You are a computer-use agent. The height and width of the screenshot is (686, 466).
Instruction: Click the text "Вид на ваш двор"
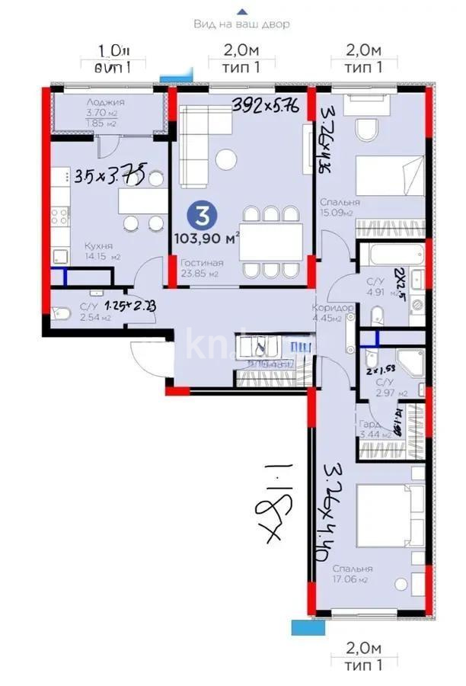click(242, 24)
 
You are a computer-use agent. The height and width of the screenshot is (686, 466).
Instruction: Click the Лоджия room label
click(105, 102)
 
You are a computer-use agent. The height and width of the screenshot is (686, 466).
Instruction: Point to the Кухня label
click(99, 246)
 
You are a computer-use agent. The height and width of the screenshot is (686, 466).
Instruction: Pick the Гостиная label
click(203, 263)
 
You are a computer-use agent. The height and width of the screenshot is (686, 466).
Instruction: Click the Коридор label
click(332, 307)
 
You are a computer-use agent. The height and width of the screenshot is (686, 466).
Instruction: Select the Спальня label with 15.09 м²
click(335, 204)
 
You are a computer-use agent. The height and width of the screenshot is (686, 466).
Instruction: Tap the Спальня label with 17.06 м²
click(352, 569)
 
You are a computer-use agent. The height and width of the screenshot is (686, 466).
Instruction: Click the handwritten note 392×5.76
click(264, 104)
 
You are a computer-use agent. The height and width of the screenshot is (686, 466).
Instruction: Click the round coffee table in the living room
click(226, 159)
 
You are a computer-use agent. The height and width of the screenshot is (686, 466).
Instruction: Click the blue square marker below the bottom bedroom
click(301, 626)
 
